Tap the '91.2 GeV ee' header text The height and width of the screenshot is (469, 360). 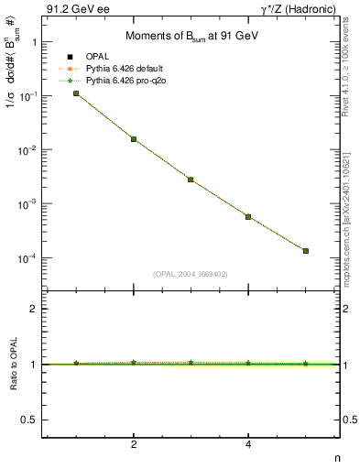point(72,9)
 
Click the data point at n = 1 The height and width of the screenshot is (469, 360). point(76,93)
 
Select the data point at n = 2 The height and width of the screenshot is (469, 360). point(134,139)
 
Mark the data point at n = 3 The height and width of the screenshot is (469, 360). point(191,180)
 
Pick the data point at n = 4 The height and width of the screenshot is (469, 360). point(248,216)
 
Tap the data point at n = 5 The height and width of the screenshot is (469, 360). point(306,251)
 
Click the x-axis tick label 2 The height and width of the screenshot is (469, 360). point(134,446)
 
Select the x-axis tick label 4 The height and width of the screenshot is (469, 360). point(248,446)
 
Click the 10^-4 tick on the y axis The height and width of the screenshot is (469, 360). point(27,258)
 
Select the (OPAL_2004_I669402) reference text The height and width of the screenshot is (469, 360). point(191,274)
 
